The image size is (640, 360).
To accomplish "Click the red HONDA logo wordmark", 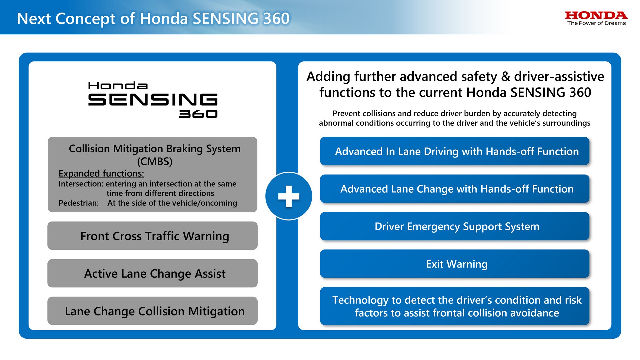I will pyautogui.click(x=596, y=15).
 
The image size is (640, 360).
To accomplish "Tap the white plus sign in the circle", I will pyautogui.click(x=289, y=196).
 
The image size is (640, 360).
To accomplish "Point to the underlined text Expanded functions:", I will pyautogui.click(x=101, y=173).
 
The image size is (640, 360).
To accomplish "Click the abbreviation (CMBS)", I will pyautogui.click(x=155, y=161).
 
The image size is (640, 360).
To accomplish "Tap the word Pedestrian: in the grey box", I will pyautogui.click(x=79, y=203).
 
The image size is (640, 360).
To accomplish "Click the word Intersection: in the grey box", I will pyautogui.click(x=81, y=184).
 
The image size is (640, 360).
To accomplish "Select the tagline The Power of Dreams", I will pyautogui.click(x=596, y=23).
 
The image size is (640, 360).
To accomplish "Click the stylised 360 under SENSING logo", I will pyautogui.click(x=198, y=114).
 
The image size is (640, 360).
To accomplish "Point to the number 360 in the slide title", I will pyautogui.click(x=276, y=19).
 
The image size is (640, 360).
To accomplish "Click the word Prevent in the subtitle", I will pyautogui.click(x=347, y=114).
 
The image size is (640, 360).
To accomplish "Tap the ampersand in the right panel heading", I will pyautogui.click(x=506, y=77).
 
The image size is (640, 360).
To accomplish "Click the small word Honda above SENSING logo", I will pyautogui.click(x=118, y=86).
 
